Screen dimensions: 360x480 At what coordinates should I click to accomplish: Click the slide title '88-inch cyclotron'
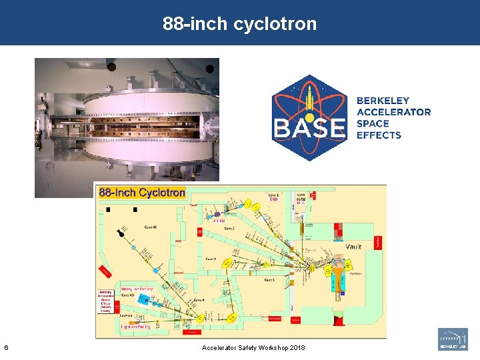tap(240, 24)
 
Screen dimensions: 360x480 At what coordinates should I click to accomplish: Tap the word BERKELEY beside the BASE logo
tap(383, 101)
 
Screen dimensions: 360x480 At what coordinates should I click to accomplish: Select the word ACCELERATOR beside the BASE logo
tap(393, 112)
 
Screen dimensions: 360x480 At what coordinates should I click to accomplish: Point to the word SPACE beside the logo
tap(373, 123)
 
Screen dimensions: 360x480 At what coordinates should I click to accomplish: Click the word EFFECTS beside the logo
tap(379, 135)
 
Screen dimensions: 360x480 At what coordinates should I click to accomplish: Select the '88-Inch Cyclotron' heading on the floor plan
tap(141, 193)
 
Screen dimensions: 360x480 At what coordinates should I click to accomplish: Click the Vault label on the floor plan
tap(354, 246)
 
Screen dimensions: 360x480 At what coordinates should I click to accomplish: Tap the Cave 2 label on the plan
tap(229, 228)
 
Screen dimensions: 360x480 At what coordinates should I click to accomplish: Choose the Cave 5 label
tap(269, 280)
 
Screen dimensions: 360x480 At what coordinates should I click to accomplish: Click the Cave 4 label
tap(199, 301)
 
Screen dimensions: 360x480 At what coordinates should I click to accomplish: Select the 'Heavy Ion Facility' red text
tap(137, 289)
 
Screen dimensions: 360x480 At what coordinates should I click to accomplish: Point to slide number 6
tap(6, 347)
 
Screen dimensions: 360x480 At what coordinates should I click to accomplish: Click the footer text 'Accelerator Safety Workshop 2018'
tap(253, 348)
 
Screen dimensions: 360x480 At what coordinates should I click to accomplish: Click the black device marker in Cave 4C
tap(122, 231)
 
